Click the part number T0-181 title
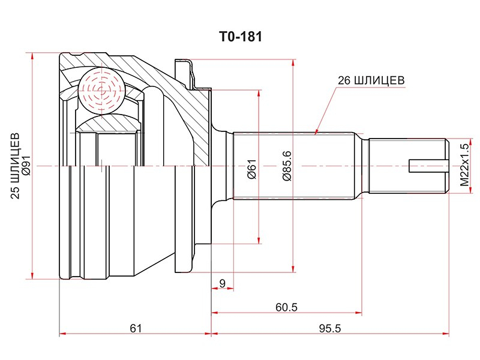(x=241, y=37)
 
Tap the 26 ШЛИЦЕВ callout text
(x=371, y=80)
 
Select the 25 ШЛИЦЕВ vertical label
(x=15, y=166)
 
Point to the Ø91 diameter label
(x=26, y=166)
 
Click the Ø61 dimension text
(x=251, y=169)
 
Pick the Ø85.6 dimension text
(x=287, y=166)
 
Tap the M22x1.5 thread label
(x=464, y=166)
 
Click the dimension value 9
(x=223, y=283)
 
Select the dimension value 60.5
(x=286, y=307)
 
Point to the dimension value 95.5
(x=329, y=328)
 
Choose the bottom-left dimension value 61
(x=136, y=328)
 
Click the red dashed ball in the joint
(x=101, y=91)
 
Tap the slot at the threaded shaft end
(x=428, y=166)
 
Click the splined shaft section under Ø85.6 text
(x=294, y=166)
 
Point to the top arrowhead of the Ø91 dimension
(x=32, y=56)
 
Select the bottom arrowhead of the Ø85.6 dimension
(x=293, y=269)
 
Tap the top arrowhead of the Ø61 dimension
(x=259, y=94)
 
